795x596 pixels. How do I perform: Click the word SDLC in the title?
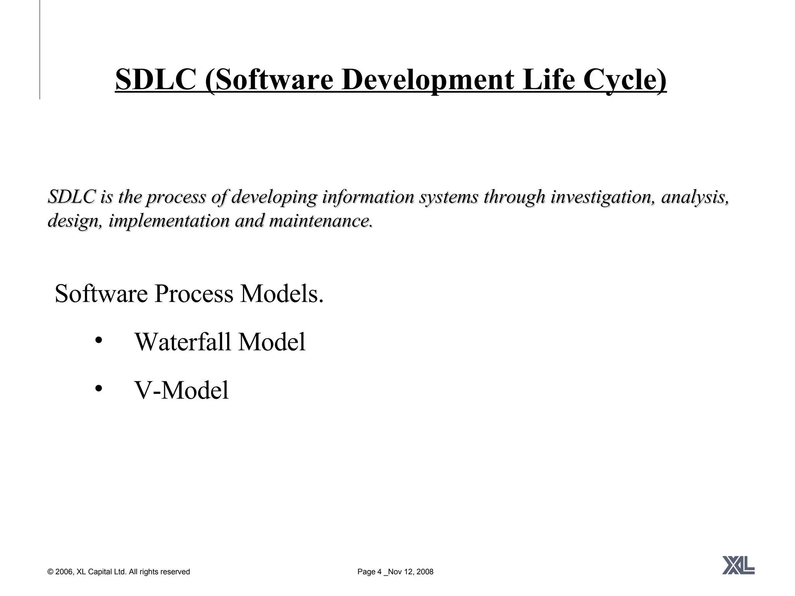[x=155, y=80]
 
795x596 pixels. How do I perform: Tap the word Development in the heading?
[x=427, y=80]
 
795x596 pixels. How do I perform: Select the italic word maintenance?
[x=321, y=221]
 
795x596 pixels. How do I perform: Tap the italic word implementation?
[x=169, y=221]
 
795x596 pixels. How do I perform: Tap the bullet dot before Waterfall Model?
[x=98, y=340]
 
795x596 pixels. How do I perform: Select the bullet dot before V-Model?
[x=98, y=388]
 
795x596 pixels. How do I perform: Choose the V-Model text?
[x=181, y=390]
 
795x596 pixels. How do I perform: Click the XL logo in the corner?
[x=738, y=565]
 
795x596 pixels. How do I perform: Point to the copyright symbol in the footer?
[x=50, y=572]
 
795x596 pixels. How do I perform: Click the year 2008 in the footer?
[x=425, y=572]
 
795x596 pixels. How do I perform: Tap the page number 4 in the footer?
[x=379, y=572]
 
